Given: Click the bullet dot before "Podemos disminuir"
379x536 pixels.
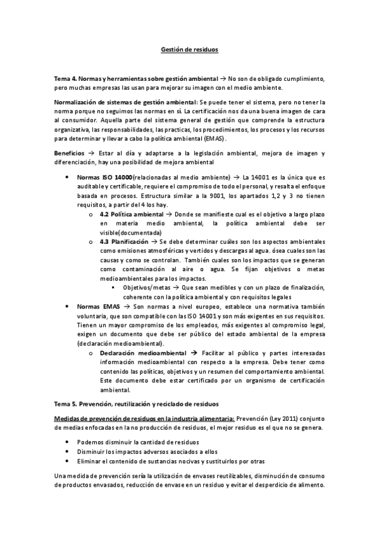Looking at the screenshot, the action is tap(67, 442).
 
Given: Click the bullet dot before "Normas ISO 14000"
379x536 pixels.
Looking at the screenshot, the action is tap(67, 178).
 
